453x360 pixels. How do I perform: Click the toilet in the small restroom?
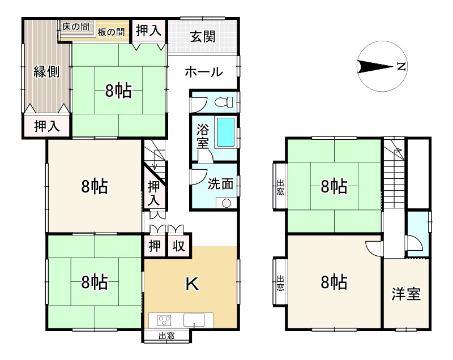click(x=226, y=102)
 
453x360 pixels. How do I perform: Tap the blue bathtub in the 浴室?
click(x=226, y=131)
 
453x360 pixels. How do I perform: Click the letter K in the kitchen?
click(x=192, y=285)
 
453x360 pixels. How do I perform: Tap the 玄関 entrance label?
click(x=202, y=37)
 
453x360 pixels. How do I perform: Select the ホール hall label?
click(x=203, y=72)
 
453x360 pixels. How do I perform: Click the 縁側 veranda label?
click(x=46, y=72)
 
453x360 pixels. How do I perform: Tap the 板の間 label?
click(x=111, y=32)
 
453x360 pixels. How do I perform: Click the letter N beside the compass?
click(x=401, y=67)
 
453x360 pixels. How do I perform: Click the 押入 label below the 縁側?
click(x=46, y=127)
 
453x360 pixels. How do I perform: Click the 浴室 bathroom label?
click(x=202, y=136)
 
